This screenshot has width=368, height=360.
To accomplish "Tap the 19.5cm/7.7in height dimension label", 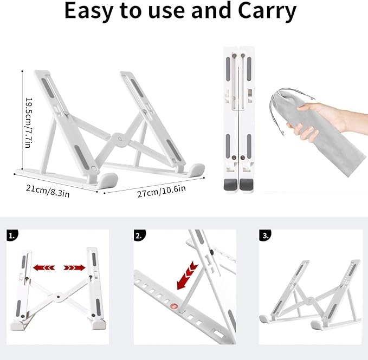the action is pyautogui.click(x=28, y=122).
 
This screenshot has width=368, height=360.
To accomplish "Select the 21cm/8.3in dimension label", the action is pyautogui.click(x=48, y=191).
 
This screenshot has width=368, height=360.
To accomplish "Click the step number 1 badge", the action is pyautogui.click(x=12, y=235).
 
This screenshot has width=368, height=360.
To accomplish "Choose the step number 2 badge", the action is pyautogui.click(x=140, y=235).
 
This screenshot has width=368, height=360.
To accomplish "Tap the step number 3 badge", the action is pyautogui.click(x=265, y=235).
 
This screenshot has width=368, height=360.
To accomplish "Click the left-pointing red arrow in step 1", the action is pyautogui.click(x=44, y=267).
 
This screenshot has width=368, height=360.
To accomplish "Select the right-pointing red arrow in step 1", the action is pyautogui.click(x=74, y=267).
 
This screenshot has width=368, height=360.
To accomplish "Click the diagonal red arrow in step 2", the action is pyautogui.click(x=188, y=276).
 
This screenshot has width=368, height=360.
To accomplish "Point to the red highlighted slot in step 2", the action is pyautogui.click(x=174, y=306).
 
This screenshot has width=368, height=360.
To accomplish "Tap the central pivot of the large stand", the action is pyautogui.click(x=120, y=140).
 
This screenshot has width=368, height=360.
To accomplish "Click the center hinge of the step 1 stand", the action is pyautogui.click(x=58, y=297).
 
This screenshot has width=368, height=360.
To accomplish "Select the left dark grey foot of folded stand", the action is pyautogui.click(x=230, y=185).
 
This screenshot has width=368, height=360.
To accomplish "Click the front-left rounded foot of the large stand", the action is pyautogui.click(x=107, y=181).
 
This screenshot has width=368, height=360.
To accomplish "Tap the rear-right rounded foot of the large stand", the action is pyautogui.click(x=196, y=169).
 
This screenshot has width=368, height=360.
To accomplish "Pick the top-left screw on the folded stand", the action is pyautogui.click(x=234, y=56).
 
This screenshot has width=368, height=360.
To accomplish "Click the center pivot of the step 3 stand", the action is pyautogui.click(x=310, y=300).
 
